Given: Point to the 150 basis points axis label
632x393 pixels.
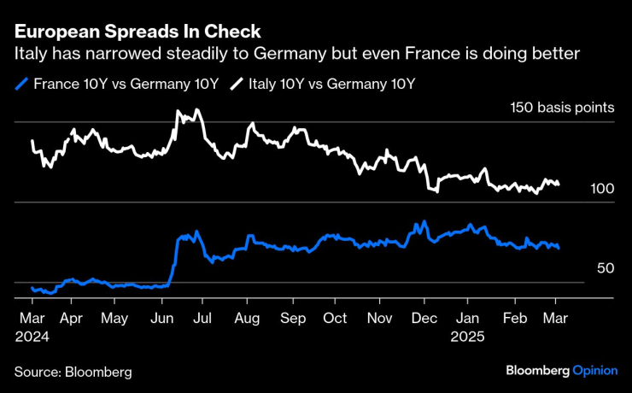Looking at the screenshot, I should (561, 109).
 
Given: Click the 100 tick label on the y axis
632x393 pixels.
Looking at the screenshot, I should (602, 189).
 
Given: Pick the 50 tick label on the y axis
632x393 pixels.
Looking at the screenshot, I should (606, 268).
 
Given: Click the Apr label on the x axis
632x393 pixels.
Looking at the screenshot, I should (72, 317).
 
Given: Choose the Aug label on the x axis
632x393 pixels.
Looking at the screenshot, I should (247, 317).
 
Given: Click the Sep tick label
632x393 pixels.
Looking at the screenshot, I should (292, 317).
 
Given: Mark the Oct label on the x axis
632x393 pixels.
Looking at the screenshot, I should (335, 317).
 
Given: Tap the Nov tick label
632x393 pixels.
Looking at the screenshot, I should (380, 317).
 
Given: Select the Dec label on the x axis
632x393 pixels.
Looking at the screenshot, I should (424, 317).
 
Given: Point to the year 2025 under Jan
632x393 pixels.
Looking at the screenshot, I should (468, 336).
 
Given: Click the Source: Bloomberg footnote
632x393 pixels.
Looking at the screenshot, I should (73, 372).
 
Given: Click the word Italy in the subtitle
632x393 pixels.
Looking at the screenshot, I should (27, 54).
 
